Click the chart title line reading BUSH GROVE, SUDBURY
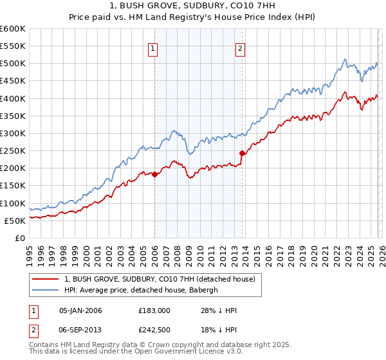point(192,5)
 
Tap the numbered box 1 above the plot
point(154,48)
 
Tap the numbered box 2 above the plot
point(240,48)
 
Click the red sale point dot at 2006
point(154,174)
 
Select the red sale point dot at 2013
point(242,154)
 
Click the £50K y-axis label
point(15,221)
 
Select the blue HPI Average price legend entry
point(141,291)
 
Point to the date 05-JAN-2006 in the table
point(80,310)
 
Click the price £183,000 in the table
point(154,310)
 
